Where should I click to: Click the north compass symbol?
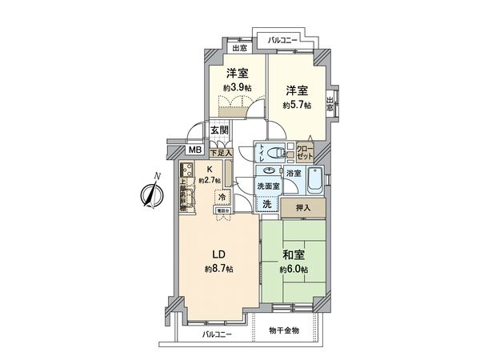click(150, 192)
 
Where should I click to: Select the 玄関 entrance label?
click(220, 130)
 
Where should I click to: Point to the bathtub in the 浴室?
click(314, 182)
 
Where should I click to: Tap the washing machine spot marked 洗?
click(266, 204)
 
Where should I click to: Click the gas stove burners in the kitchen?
click(186, 170)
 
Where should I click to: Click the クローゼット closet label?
click(306, 151)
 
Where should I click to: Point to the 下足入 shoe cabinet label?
click(221, 151)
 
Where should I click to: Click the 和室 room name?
click(294, 255)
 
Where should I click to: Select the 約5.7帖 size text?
click(297, 105)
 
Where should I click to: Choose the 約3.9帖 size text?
click(237, 86)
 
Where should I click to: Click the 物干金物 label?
click(283, 330)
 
